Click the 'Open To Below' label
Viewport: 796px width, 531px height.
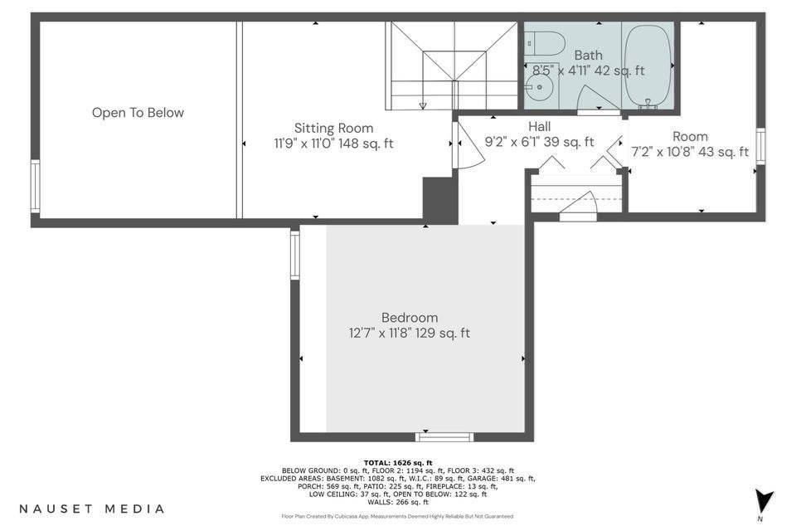click(138, 113)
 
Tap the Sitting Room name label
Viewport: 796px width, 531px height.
click(333, 129)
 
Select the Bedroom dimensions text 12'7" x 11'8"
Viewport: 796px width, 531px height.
click(409, 334)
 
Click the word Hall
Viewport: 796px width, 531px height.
click(539, 126)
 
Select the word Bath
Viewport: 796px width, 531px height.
click(588, 56)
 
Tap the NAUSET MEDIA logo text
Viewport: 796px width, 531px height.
click(91, 509)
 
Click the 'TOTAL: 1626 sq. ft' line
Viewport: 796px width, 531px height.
click(397, 462)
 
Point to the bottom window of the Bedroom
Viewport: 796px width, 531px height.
click(444, 436)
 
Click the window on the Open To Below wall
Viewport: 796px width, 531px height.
click(35, 186)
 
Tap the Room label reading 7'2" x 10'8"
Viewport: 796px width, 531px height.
click(690, 152)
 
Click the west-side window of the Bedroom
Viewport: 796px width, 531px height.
click(294, 254)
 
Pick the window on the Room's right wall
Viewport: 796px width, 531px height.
click(760, 144)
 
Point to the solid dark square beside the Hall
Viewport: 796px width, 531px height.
click(439, 199)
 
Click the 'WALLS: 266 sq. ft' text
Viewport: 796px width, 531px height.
click(397, 502)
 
